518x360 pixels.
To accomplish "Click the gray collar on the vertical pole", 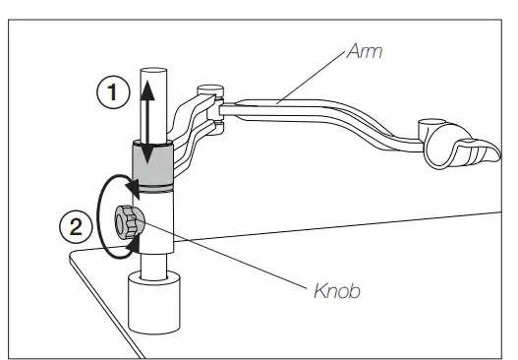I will click(x=154, y=165).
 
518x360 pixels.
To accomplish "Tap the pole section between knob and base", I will click(x=154, y=261).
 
